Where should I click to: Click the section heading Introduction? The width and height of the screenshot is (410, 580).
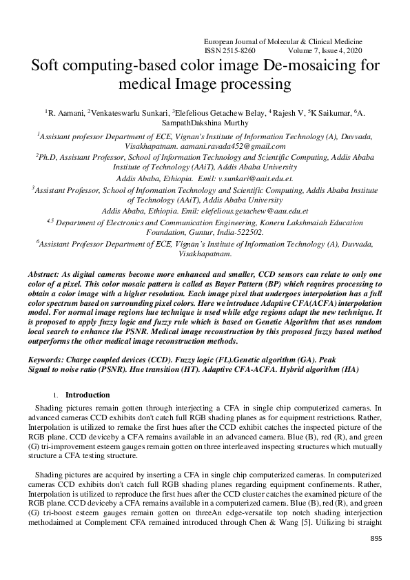click(x=87, y=395)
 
